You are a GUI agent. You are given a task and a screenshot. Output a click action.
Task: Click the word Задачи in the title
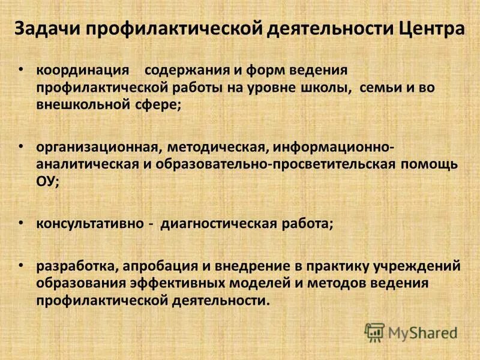coord(49,29)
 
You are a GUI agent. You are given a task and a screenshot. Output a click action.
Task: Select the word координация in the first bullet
coord(83,70)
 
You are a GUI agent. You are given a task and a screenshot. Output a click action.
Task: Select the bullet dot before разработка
coord(22,264)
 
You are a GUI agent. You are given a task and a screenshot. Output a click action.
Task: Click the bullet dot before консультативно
coord(22,223)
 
